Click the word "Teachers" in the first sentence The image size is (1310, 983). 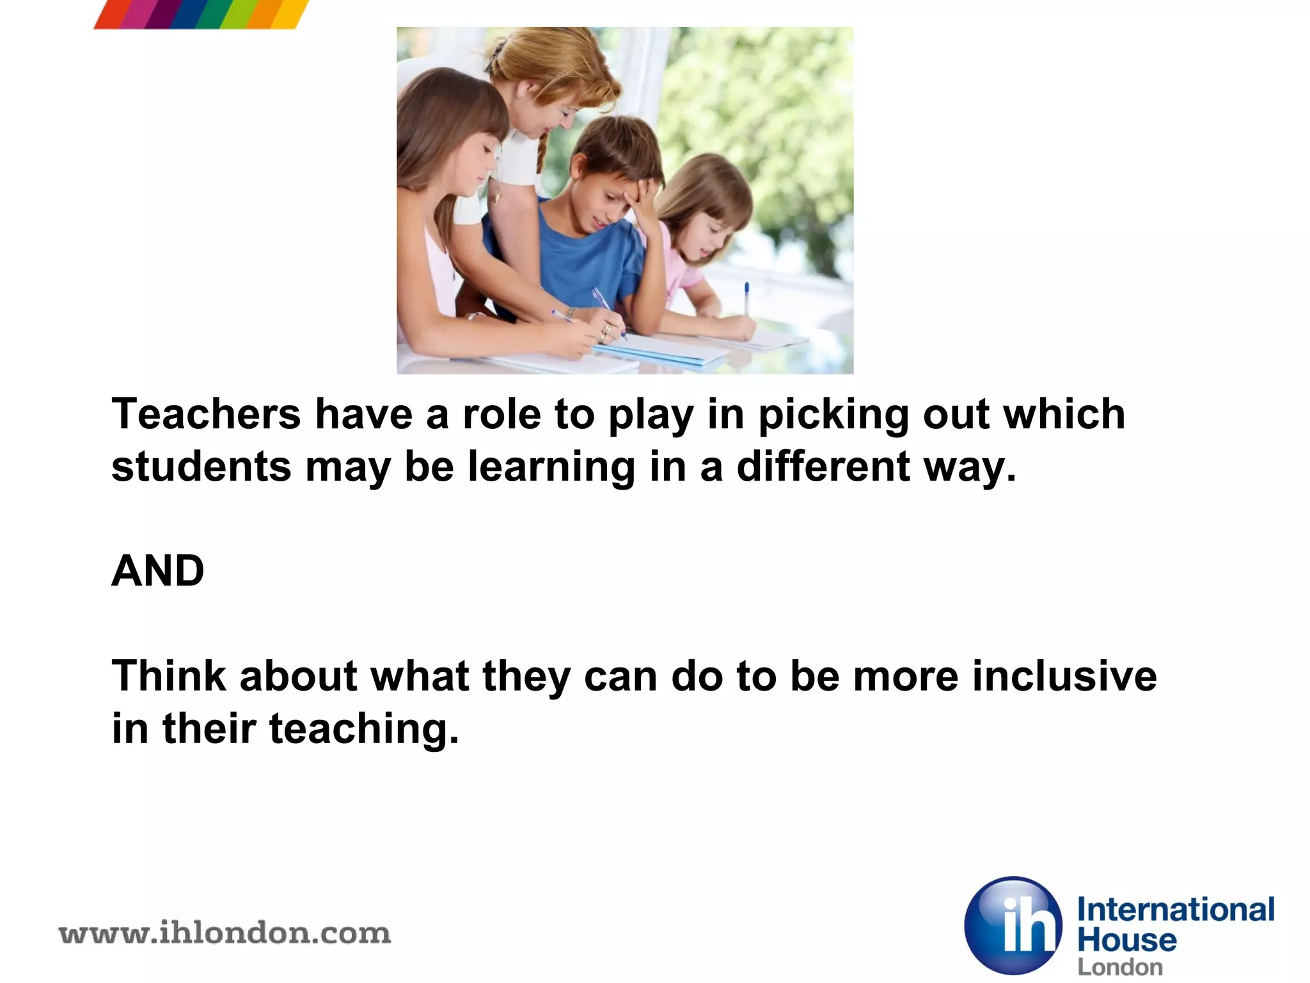tap(206, 414)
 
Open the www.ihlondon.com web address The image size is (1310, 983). tap(225, 934)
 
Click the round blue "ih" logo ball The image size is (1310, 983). tap(1013, 925)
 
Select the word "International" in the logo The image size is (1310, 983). tap(1176, 909)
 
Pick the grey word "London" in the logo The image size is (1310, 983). tap(1120, 967)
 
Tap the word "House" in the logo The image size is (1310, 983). tap(1127, 940)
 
